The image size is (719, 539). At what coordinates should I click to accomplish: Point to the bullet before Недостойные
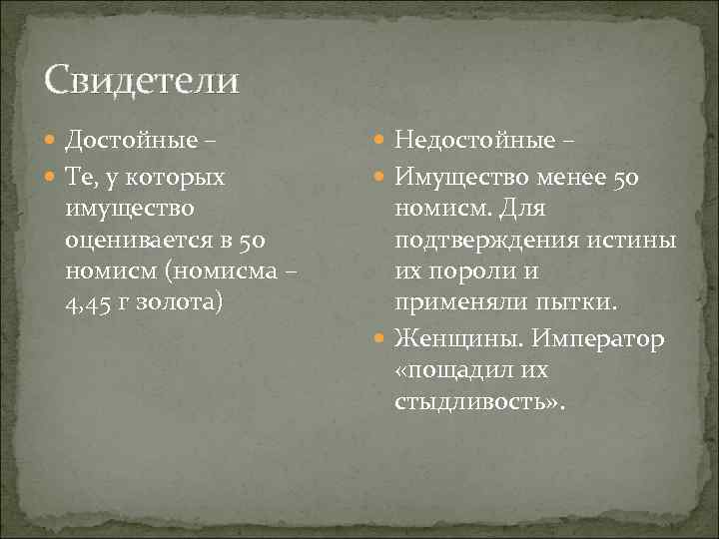point(382,141)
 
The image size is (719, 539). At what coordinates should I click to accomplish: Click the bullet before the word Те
point(52,178)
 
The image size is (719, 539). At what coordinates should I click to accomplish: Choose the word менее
point(582,178)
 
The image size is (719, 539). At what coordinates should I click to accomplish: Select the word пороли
point(467,270)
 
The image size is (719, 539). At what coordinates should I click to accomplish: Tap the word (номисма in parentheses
point(180,270)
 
